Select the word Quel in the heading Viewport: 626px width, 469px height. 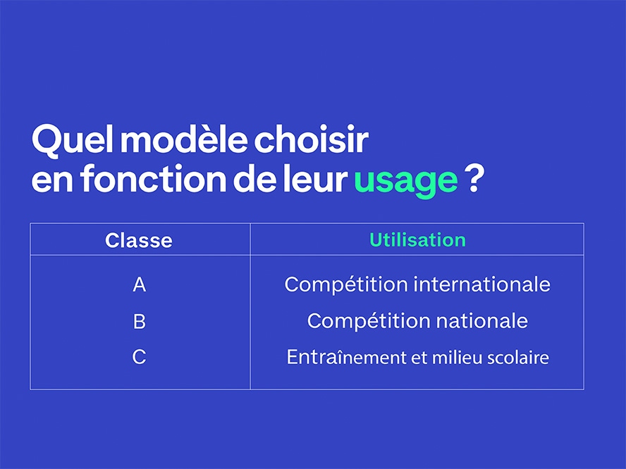coord(72,139)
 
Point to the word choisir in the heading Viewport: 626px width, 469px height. coord(311,139)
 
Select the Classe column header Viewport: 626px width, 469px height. coord(139,240)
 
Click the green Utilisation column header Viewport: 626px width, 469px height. coord(417,239)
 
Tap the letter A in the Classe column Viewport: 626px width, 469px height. coord(140,284)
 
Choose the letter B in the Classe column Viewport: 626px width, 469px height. coord(140,321)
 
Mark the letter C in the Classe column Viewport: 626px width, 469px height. coord(139,357)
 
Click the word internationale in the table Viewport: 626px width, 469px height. coord(482,284)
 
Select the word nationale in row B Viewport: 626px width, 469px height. coord(482,320)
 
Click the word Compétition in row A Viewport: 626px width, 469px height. coord(346,285)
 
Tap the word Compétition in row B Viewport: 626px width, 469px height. coord(369,321)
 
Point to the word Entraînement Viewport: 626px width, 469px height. coord(347,357)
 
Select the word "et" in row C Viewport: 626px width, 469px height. coord(419,358)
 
